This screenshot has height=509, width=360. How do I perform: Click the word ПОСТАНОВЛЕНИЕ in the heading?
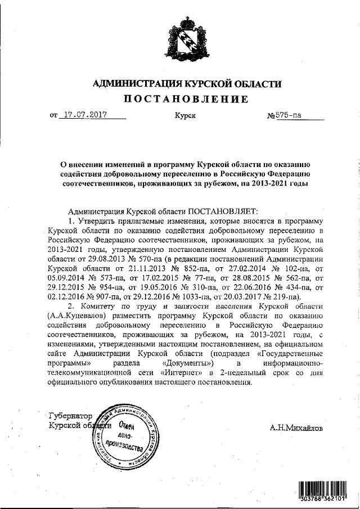186,100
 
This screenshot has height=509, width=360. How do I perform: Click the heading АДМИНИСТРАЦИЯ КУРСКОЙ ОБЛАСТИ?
186,84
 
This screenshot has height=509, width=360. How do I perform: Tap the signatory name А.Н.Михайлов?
296,427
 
